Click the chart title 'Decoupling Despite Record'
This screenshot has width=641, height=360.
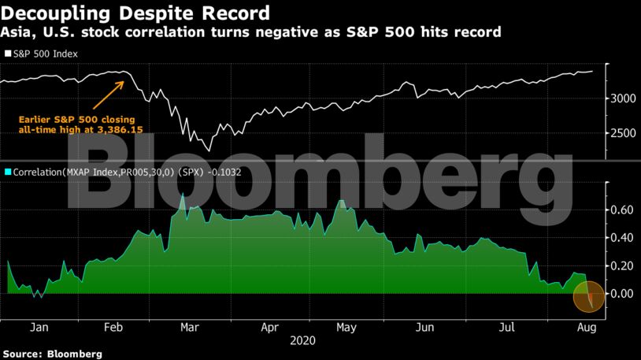(135, 13)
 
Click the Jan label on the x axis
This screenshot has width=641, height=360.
(36, 327)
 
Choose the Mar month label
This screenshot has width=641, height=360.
(188, 327)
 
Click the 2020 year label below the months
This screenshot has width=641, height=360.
(302, 341)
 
